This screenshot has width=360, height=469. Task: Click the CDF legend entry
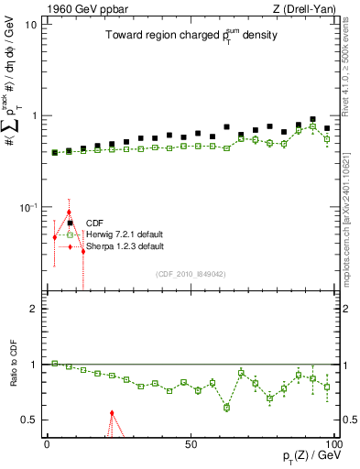click(x=94, y=223)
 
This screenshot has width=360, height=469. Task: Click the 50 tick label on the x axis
click(x=191, y=443)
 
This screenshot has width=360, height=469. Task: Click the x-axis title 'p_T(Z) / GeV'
click(x=311, y=457)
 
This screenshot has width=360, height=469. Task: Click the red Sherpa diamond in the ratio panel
click(x=112, y=413)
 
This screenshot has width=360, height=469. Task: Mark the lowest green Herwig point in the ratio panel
click(x=226, y=407)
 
